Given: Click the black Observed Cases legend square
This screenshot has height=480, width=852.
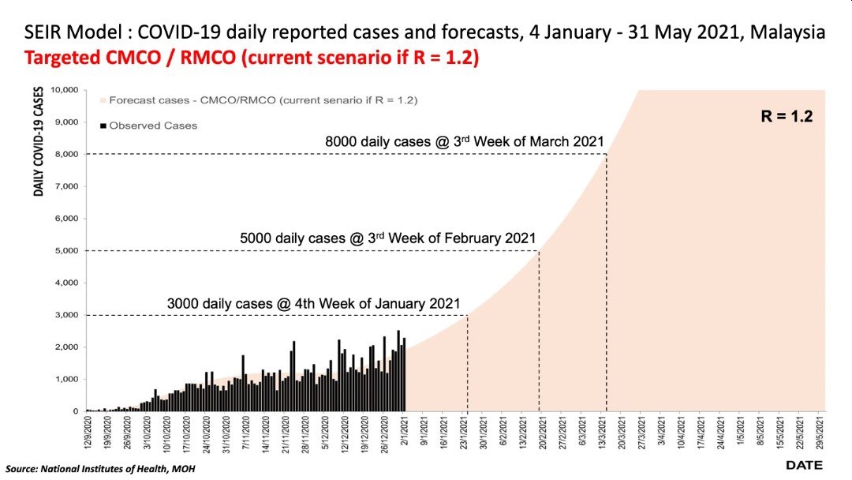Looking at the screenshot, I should [x=103, y=125].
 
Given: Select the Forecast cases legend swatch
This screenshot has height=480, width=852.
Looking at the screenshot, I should [x=103, y=101].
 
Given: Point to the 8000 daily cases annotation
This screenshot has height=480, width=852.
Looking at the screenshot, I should [x=464, y=142].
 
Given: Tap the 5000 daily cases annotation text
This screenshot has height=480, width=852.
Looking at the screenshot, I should [x=387, y=238].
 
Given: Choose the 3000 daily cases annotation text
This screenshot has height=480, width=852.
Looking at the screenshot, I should [x=313, y=303].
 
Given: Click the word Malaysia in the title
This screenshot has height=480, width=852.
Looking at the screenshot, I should [x=789, y=34].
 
